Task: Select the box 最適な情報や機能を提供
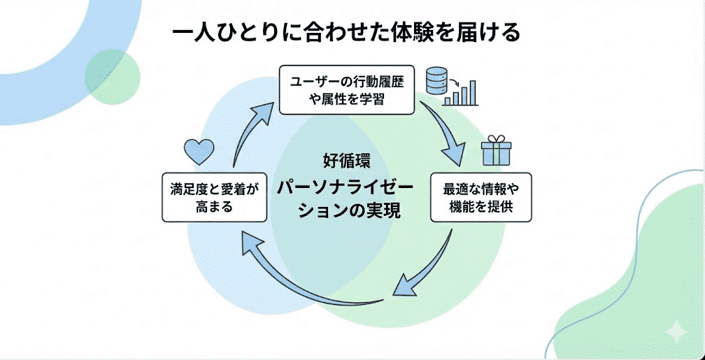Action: click(480, 197)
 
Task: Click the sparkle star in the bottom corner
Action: click(675, 331)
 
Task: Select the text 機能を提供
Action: click(480, 208)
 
